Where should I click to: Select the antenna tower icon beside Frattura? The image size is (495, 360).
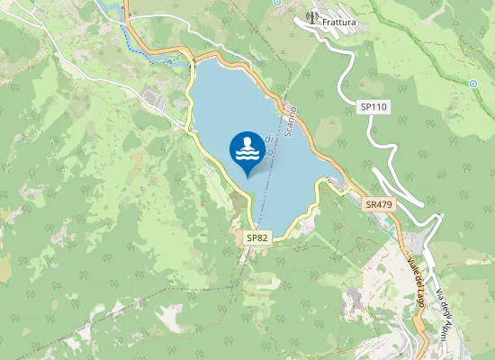(x=312, y=16)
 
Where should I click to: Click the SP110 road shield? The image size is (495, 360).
(x=373, y=106)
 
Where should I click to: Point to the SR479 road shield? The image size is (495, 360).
(x=379, y=205)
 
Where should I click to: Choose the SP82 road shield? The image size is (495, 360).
(x=257, y=238)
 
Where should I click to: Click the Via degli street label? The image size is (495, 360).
(x=444, y=314)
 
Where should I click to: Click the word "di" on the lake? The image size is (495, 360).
(x=269, y=139)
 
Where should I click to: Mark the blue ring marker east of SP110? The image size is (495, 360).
(x=472, y=84)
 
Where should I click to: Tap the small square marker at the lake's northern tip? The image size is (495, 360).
(x=193, y=60)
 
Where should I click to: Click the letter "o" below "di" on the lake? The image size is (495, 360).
(x=269, y=152)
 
